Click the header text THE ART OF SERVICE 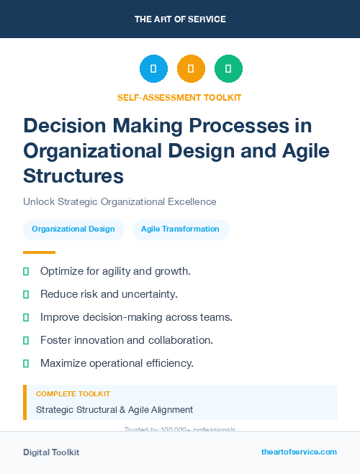(x=180, y=19)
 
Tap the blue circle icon (x=153, y=69)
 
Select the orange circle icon (x=191, y=69)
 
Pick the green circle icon (x=228, y=69)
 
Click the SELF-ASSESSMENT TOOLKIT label (x=180, y=97)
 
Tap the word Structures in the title (x=73, y=176)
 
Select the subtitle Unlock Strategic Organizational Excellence (x=120, y=202)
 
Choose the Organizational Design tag (x=73, y=229)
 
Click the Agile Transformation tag (x=180, y=229)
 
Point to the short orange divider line (x=39, y=252)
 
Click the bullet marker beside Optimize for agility (x=26, y=272)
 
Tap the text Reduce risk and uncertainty (x=109, y=294)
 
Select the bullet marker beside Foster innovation (x=26, y=340)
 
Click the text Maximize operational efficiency (x=117, y=363)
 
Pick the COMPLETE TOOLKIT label (x=73, y=394)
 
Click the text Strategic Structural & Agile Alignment (x=114, y=410)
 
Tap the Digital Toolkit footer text (x=51, y=452)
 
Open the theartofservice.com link (x=299, y=452)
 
